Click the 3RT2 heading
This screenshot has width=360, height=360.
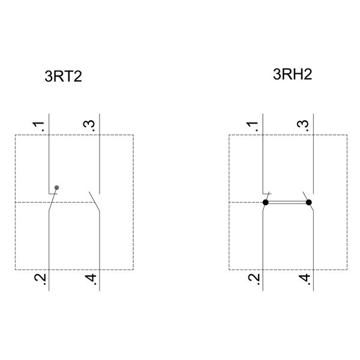pyautogui.click(x=63, y=76)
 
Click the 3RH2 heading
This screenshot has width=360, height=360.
pyautogui.click(x=293, y=74)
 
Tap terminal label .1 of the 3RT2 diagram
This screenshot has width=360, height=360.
pyautogui.click(x=38, y=126)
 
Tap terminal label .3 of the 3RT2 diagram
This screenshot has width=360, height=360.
pyautogui.click(x=89, y=126)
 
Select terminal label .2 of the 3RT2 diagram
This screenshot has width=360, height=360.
pyautogui.click(x=40, y=279)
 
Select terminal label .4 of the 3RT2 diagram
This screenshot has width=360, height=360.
pyautogui.click(x=91, y=279)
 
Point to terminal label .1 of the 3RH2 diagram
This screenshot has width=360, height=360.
pyautogui.click(x=253, y=126)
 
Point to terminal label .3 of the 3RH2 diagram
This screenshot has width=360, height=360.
pyautogui.click(x=303, y=126)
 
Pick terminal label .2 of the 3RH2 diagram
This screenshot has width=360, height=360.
pyautogui.click(x=254, y=279)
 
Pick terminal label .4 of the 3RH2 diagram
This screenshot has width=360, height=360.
pyautogui.click(x=305, y=279)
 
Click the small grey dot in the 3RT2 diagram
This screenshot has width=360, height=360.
pyautogui.click(x=57, y=188)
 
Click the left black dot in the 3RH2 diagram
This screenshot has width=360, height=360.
pyautogui.click(x=265, y=202)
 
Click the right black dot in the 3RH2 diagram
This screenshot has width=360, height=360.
pyautogui.click(x=309, y=202)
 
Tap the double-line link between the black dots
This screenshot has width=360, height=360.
pyautogui.click(x=287, y=202)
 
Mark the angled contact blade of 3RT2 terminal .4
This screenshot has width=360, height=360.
pyautogui.click(x=94, y=201)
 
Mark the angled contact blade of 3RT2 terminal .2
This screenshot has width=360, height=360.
pyautogui.click(x=53, y=199)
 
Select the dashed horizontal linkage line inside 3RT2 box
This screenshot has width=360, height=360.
pyautogui.click(x=55, y=202)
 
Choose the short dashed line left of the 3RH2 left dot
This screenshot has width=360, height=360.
pyautogui.click(x=245, y=202)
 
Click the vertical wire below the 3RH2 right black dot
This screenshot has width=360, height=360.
pyautogui.click(x=313, y=251)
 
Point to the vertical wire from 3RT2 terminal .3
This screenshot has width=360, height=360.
pyautogui.click(x=100, y=154)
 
